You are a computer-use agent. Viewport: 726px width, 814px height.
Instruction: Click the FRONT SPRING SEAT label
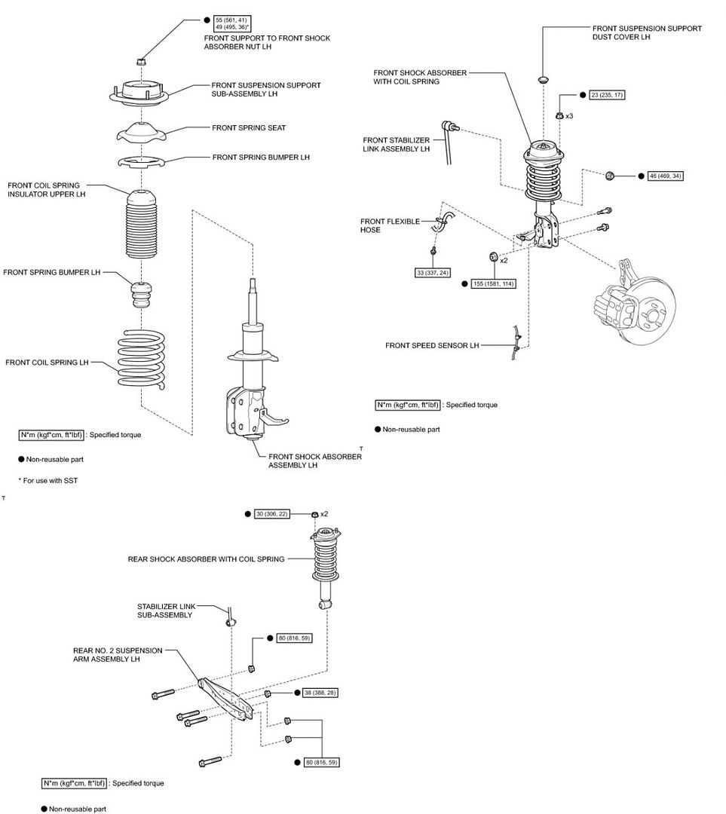point(248,128)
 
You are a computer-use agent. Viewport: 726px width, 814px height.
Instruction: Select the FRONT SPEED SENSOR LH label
point(432,346)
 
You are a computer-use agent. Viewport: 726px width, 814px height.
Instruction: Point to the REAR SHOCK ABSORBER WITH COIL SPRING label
point(206,559)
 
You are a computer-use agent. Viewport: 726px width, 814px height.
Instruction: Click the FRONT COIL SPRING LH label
point(47,363)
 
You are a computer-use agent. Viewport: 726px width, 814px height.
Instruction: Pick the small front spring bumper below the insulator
point(142,294)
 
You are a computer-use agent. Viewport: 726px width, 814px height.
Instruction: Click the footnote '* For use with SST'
point(48,480)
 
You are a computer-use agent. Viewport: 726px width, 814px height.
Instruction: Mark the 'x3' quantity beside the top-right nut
point(569,116)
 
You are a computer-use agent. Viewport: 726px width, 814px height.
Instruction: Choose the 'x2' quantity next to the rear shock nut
point(324,514)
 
